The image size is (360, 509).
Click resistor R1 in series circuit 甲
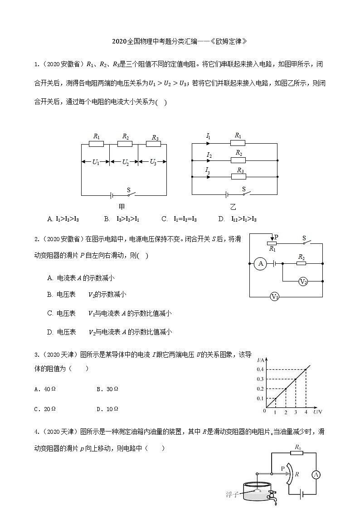click(96, 144)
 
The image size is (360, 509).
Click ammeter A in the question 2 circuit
click(261, 263)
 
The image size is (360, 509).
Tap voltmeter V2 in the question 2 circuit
click(303, 281)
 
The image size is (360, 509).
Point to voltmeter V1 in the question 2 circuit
click(275, 297)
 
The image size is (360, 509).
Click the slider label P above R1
click(276, 237)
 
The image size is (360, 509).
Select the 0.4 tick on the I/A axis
click(260, 370)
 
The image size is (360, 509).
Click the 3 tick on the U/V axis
click(296, 412)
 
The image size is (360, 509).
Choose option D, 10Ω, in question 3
click(107, 409)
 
